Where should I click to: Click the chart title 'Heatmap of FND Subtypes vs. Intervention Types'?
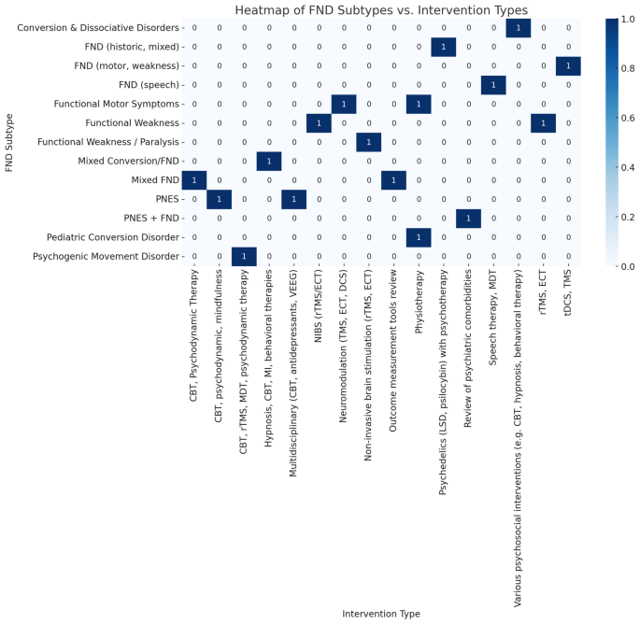click(381, 10)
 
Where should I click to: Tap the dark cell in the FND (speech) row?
click(493, 85)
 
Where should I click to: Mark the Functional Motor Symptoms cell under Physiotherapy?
click(419, 104)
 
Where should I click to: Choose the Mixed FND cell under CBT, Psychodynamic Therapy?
click(194, 179)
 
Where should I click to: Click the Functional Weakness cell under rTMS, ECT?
click(543, 122)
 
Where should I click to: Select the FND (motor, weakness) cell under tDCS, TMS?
click(568, 65)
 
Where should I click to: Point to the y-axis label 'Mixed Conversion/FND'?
click(128, 161)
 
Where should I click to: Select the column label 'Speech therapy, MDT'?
click(493, 315)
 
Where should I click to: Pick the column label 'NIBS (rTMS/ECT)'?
click(319, 309)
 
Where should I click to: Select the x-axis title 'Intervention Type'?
click(381, 614)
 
